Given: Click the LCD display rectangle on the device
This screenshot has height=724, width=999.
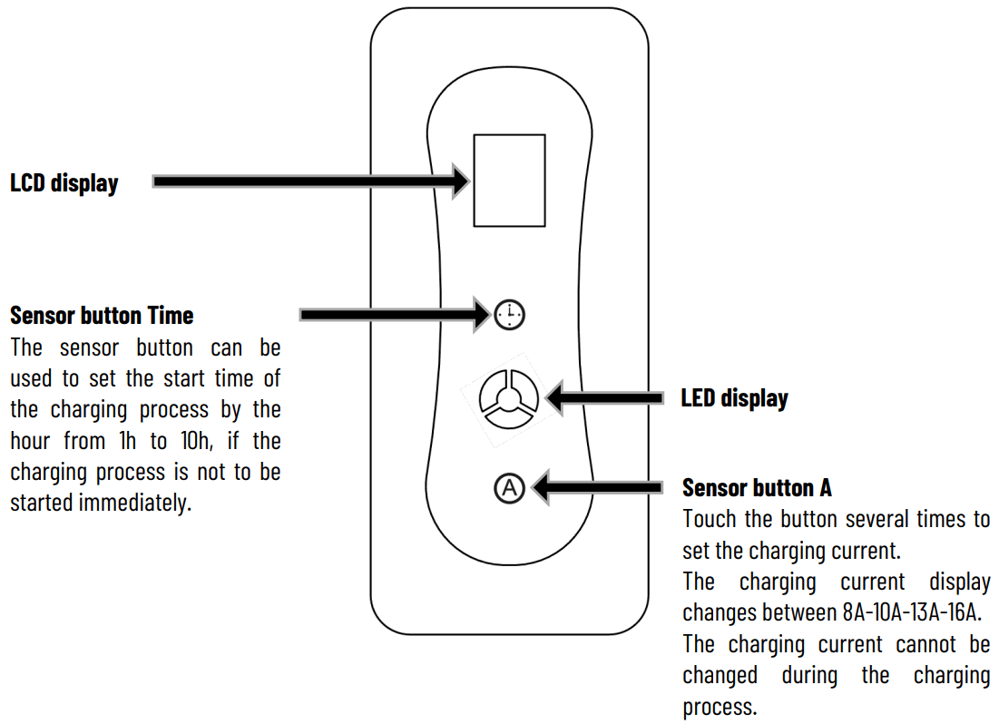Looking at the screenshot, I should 509,180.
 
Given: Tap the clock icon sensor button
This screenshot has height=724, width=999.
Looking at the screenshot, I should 510,315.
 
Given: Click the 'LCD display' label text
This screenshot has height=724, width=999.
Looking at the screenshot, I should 64,183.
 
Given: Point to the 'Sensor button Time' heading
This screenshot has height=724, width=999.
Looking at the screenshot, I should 102,316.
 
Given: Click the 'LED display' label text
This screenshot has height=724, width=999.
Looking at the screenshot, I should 734,398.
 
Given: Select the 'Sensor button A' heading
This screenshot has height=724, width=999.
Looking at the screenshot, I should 756,488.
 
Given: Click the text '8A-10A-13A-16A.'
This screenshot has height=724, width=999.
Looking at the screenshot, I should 913,612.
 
